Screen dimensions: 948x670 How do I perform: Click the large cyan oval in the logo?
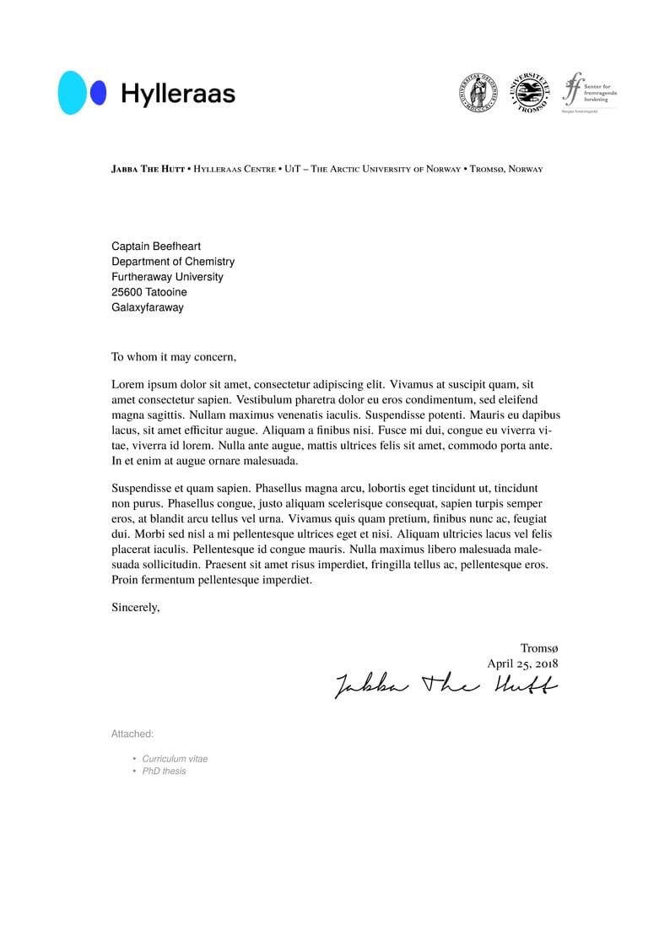[73, 93]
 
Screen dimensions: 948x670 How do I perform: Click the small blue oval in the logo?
[99, 93]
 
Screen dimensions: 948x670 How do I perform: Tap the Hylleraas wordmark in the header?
[178, 94]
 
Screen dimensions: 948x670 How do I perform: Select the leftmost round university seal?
[478, 93]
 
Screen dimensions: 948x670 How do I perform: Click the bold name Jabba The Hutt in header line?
[148, 169]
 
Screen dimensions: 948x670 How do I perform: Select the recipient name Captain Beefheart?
[156, 246]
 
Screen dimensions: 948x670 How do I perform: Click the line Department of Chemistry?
[173, 262]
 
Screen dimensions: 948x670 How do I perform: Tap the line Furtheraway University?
[167, 277]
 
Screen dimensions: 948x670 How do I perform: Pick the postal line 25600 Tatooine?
[149, 292]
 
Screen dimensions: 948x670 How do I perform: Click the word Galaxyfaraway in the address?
[147, 307]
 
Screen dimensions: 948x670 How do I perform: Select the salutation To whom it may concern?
[174, 357]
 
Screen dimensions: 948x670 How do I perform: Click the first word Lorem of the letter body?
[127, 384]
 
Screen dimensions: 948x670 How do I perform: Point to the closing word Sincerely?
[135, 606]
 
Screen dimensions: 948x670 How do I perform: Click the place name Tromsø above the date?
[538, 648]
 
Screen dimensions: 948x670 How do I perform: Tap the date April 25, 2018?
[521, 664]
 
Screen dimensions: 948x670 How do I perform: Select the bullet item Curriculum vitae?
[175, 759]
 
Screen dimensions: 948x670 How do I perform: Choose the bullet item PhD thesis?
[164, 771]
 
